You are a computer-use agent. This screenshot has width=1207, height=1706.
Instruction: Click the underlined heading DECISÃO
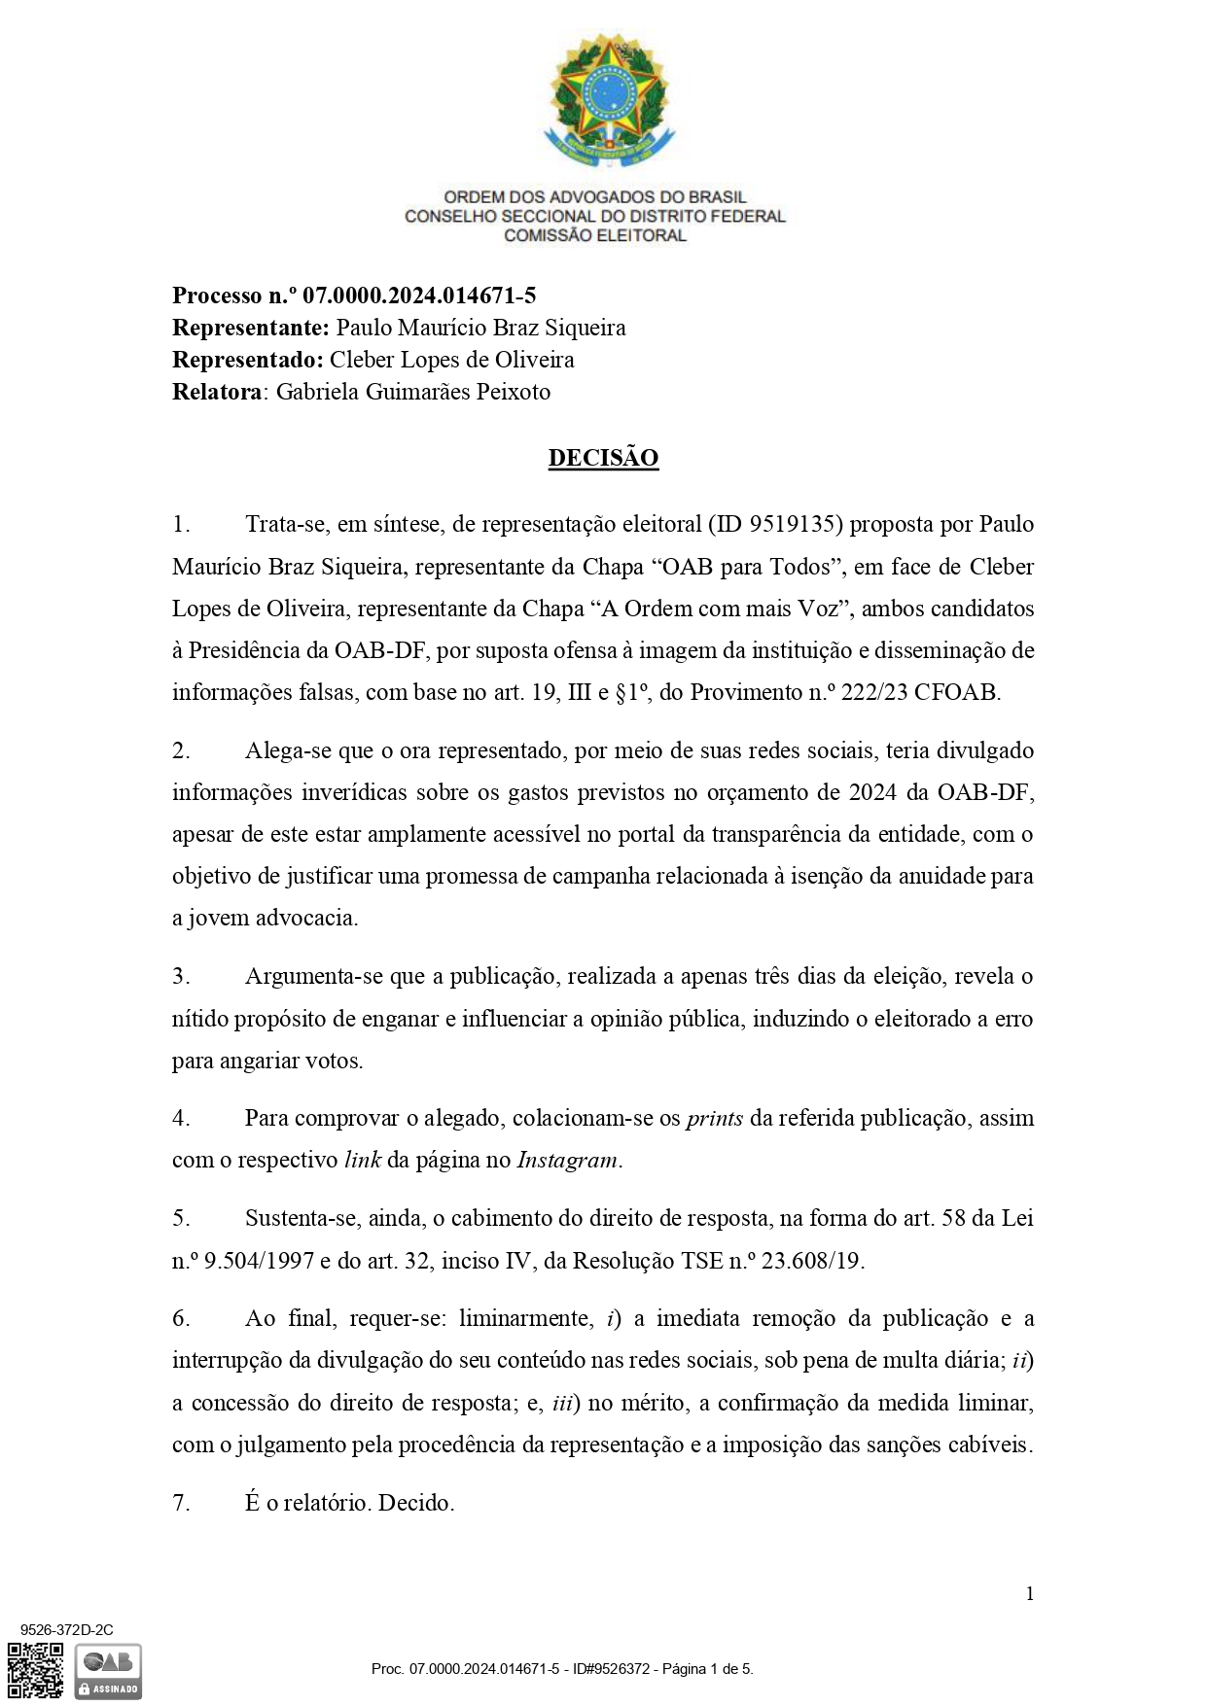point(603,458)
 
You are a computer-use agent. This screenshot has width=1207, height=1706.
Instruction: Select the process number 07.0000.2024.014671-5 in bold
point(419,296)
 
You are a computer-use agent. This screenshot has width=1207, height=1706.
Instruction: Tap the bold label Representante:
point(250,328)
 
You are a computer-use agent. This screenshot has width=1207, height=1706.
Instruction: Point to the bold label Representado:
point(247,360)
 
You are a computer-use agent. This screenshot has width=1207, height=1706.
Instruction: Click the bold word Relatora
point(217,392)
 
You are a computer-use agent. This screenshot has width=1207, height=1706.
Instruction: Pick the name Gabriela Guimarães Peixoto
point(413,392)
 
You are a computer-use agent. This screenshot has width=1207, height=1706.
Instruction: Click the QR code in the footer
point(36,1670)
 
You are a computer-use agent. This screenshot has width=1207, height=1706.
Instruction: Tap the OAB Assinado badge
point(108,1671)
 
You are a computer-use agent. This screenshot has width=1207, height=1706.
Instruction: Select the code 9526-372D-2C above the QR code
point(67,1630)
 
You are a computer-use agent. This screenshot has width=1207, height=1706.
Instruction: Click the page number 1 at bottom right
point(1029,1593)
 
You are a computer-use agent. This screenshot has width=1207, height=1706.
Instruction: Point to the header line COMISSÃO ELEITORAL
point(594,235)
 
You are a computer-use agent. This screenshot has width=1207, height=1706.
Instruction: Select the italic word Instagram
point(567,1160)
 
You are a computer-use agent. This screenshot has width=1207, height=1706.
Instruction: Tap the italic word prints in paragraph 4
point(715,1118)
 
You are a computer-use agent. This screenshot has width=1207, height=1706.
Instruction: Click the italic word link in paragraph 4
point(362,1160)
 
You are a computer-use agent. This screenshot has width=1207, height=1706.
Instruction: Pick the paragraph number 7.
point(180,1503)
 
